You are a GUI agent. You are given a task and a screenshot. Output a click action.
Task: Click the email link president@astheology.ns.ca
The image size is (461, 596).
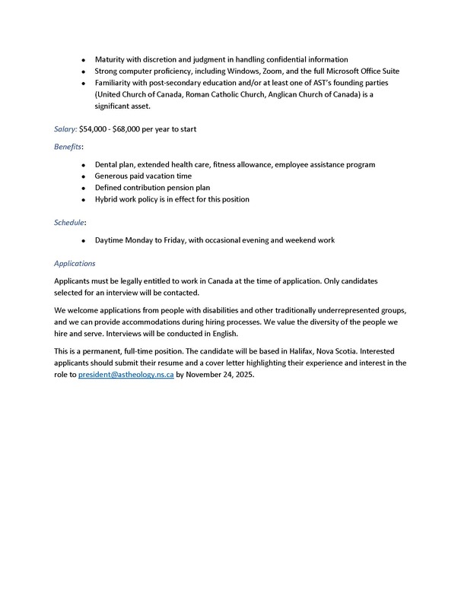[x=126, y=375]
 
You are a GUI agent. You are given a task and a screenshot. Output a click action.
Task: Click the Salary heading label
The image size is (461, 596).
[x=65, y=129]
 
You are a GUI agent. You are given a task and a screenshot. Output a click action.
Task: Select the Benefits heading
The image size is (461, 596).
[x=68, y=147]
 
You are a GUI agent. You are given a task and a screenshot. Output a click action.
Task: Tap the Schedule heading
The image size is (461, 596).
[x=69, y=223]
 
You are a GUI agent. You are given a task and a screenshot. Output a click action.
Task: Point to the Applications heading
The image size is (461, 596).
[x=75, y=264]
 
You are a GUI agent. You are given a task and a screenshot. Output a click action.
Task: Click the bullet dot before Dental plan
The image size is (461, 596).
[x=83, y=165]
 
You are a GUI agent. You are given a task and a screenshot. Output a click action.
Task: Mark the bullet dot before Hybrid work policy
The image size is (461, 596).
[x=83, y=199]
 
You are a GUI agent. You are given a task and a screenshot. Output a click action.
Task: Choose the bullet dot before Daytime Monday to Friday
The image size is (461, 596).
[x=83, y=241]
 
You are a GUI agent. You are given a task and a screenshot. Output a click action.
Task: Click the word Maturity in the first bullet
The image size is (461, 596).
[x=111, y=59]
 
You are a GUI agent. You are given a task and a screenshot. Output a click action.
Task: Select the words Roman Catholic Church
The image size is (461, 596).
[x=218, y=94]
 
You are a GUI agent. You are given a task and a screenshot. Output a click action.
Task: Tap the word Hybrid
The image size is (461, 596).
[x=108, y=199]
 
